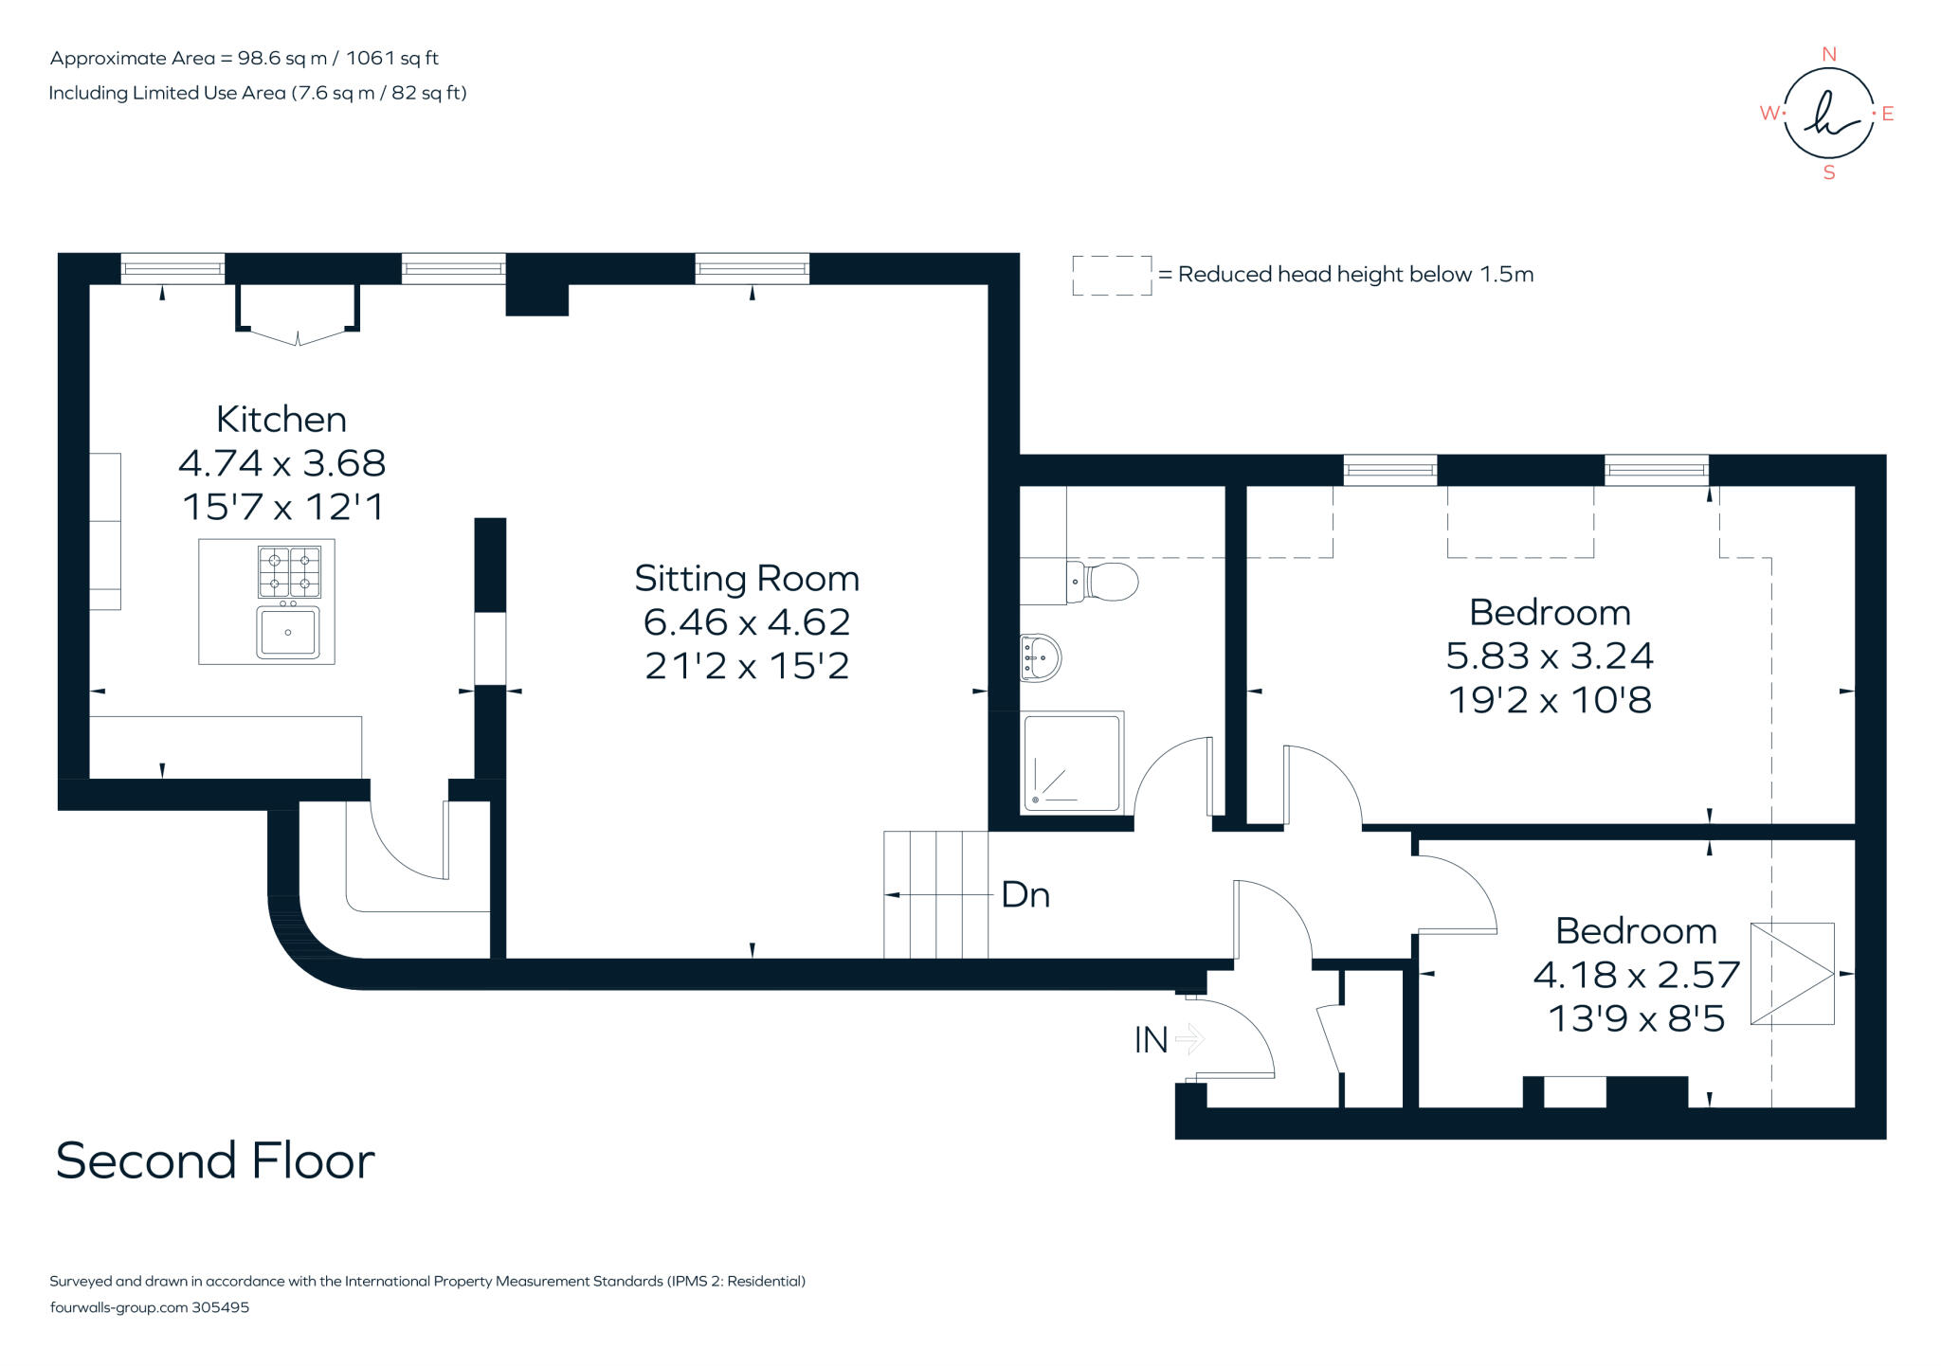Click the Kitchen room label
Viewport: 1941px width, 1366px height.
[281, 419]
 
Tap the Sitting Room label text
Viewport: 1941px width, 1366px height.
[747, 578]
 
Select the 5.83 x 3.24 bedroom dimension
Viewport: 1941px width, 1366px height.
[1550, 656]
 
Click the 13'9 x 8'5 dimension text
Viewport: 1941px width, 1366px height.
[1636, 1018]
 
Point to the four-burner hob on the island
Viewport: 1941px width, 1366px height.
[289, 571]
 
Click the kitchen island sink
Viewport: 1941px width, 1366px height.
[288, 632]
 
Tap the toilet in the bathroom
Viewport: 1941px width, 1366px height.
[1104, 581]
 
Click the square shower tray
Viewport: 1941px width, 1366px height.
[1072, 762]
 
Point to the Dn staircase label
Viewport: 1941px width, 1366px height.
[1025, 895]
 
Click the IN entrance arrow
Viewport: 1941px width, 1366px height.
[1189, 1039]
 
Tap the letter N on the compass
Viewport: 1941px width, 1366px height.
[1829, 55]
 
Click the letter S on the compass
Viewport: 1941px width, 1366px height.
[1829, 172]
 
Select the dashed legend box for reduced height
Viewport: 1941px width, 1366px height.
[1112, 275]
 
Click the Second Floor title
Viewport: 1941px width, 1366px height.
[215, 1160]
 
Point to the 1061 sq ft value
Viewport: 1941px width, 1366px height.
[391, 58]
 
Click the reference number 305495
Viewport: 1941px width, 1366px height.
[220, 1307]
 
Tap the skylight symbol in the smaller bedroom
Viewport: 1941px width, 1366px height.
[1791, 973]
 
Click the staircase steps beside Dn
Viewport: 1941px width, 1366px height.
[935, 895]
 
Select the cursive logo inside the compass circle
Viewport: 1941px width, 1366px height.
[1828, 114]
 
